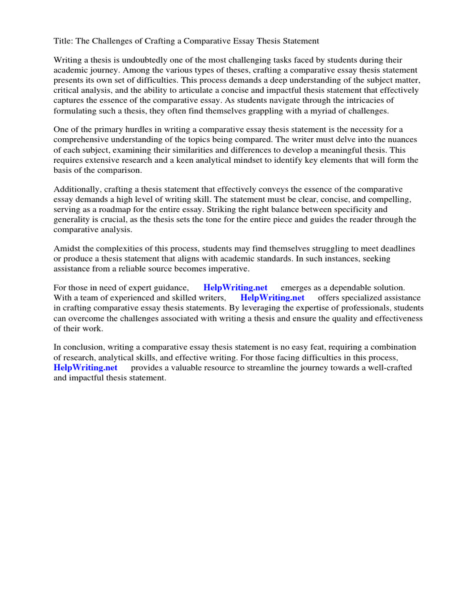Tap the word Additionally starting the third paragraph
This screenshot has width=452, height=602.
tap(79, 189)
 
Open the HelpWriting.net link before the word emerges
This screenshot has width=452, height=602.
tap(235, 288)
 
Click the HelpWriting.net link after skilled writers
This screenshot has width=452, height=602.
tap(272, 298)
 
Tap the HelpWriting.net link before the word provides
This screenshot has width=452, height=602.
tap(85, 367)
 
